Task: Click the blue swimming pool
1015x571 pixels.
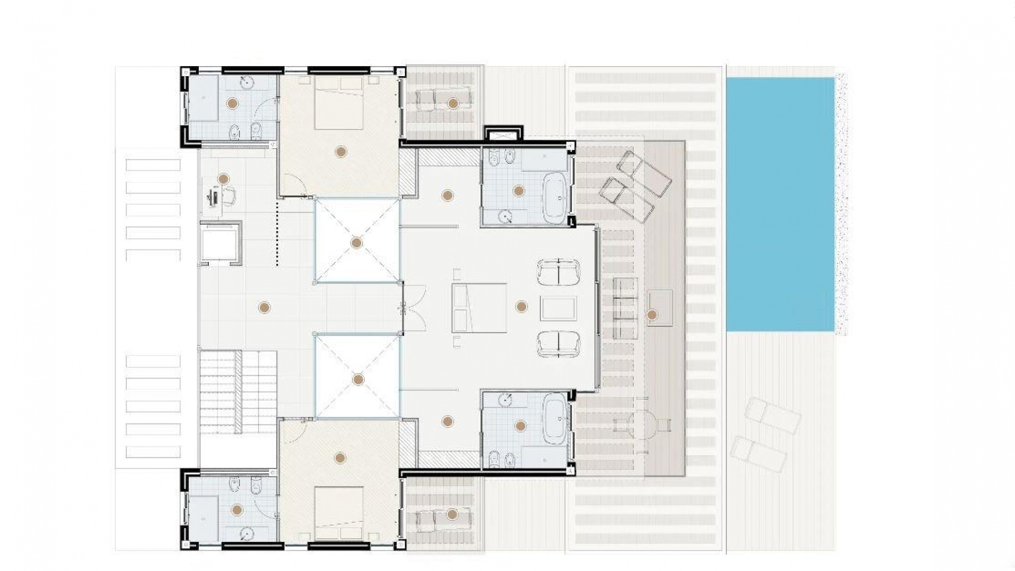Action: [780, 204]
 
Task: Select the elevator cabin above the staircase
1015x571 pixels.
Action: [221, 243]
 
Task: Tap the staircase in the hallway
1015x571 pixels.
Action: [238, 391]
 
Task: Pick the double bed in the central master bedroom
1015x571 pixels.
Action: [479, 308]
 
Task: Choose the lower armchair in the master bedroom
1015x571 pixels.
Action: [558, 344]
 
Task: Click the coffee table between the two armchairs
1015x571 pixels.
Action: [558, 308]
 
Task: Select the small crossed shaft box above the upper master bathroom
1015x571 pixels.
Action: [503, 133]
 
